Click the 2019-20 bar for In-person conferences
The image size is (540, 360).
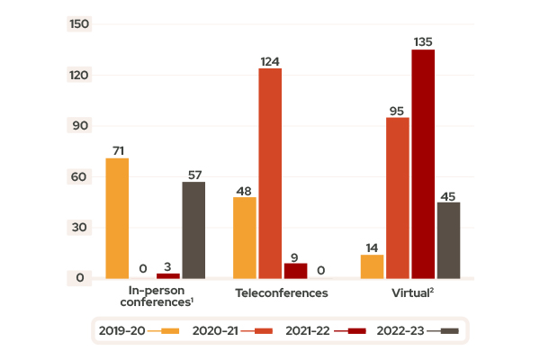coord(117,219)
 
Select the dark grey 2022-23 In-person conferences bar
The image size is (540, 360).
coord(193,230)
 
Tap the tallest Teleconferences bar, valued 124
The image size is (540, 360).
coord(270,173)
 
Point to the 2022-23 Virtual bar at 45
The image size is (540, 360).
coord(448,240)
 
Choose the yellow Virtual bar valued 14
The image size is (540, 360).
coord(372,266)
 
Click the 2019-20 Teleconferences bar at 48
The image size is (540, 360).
coord(245,238)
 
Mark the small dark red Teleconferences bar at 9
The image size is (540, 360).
coord(295,270)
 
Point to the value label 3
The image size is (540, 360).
coord(168,266)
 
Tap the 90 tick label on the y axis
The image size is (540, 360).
coord(81,125)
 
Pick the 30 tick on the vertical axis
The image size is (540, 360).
coord(81,227)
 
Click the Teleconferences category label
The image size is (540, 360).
coord(282,293)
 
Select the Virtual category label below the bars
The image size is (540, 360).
coord(412,293)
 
